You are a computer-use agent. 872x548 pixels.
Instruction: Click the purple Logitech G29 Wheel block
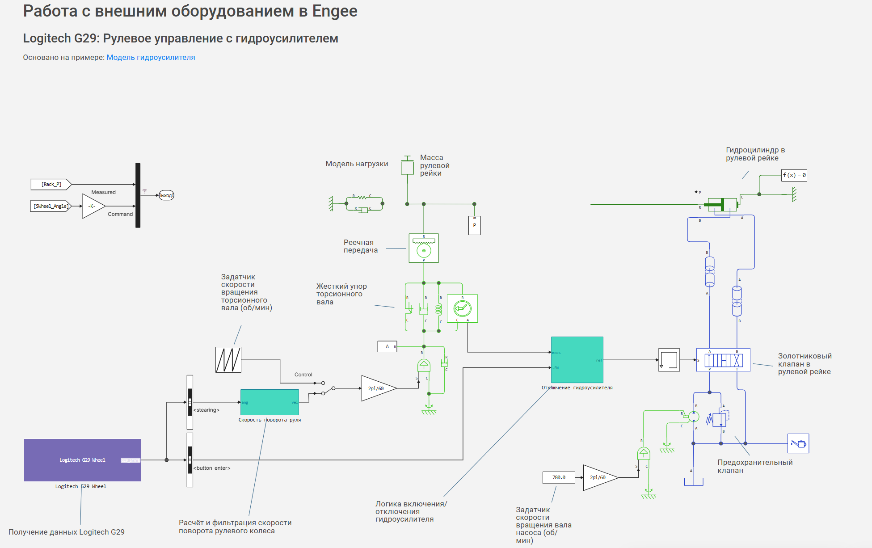tap(82, 460)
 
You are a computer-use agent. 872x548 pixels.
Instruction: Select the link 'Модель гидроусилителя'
tap(151, 57)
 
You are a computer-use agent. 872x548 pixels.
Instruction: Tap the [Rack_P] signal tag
tap(51, 184)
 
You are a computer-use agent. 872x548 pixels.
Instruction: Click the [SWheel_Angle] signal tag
tap(51, 206)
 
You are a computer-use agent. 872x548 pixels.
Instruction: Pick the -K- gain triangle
tap(93, 206)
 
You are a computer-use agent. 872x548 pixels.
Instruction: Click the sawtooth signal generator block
tap(228, 360)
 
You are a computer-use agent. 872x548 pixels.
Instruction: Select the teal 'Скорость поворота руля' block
tap(270, 402)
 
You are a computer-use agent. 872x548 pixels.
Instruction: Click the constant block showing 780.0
tap(559, 477)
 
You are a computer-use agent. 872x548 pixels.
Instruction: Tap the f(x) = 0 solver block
tap(794, 175)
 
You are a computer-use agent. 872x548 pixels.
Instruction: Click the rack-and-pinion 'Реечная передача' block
tap(424, 248)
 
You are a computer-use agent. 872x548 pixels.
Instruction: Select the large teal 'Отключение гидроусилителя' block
tap(577, 360)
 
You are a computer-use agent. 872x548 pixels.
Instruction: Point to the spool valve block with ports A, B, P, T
tap(723, 360)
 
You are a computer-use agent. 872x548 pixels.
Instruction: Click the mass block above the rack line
tap(407, 168)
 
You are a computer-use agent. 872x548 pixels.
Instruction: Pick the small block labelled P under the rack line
tap(474, 226)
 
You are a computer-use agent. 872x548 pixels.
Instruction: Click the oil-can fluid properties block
tap(798, 443)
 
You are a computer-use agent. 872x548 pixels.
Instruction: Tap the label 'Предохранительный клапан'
tap(755, 466)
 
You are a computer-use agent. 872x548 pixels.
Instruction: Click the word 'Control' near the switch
tap(303, 375)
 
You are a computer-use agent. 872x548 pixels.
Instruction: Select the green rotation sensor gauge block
tap(462, 308)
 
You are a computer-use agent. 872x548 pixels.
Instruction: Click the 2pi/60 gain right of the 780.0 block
tap(599, 477)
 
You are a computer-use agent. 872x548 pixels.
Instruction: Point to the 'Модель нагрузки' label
tap(357, 164)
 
